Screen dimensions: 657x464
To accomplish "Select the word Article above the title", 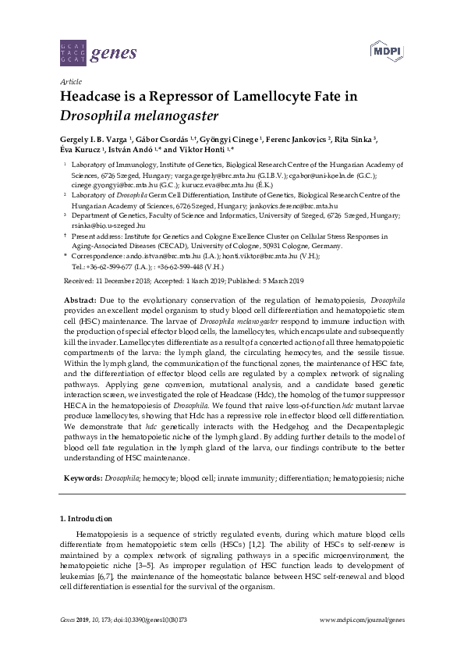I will [x=70, y=80].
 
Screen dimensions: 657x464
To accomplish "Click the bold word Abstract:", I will [x=80, y=300].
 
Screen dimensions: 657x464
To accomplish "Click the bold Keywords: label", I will [x=83, y=475].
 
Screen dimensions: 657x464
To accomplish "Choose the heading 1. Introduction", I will [x=86, y=518].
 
